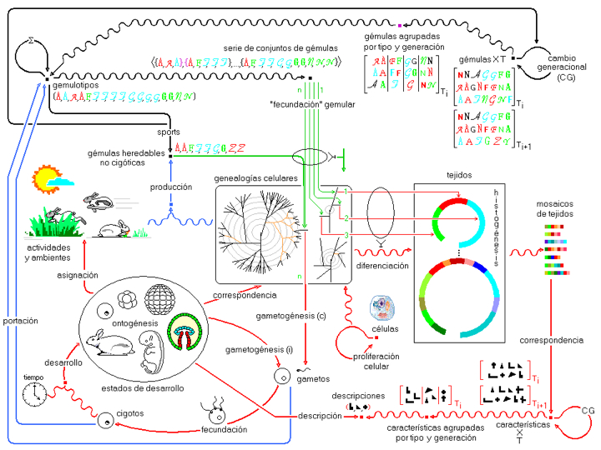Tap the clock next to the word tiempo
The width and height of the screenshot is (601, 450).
[33, 396]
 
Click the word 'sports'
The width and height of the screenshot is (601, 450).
[169, 132]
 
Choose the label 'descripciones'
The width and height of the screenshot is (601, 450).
[357, 395]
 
